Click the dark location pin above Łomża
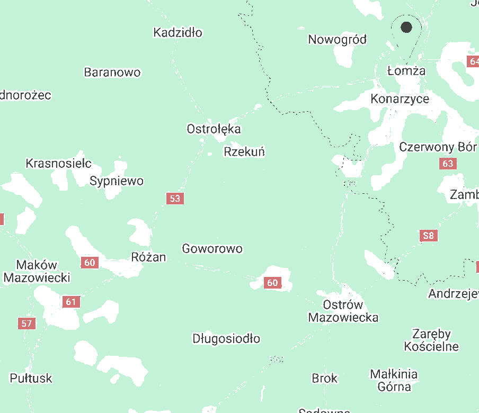[x=406, y=28]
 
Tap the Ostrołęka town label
[x=214, y=129]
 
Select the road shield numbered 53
[x=175, y=199]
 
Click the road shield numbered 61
[x=71, y=302]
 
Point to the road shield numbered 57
[x=26, y=323]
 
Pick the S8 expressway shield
[x=429, y=236]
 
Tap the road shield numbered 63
[x=448, y=164]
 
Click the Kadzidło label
[x=178, y=33]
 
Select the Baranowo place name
[x=112, y=72]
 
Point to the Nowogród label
[x=337, y=40]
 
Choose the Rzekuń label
[x=244, y=152]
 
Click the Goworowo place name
[x=212, y=248]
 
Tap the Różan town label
[x=148, y=257]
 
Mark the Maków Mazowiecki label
[x=37, y=271]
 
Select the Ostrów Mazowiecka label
[x=343, y=311]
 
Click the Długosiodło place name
[x=226, y=338]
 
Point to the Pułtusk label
[x=31, y=378]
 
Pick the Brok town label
[x=325, y=378]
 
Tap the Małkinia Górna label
[x=394, y=380]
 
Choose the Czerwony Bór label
[x=438, y=147]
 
